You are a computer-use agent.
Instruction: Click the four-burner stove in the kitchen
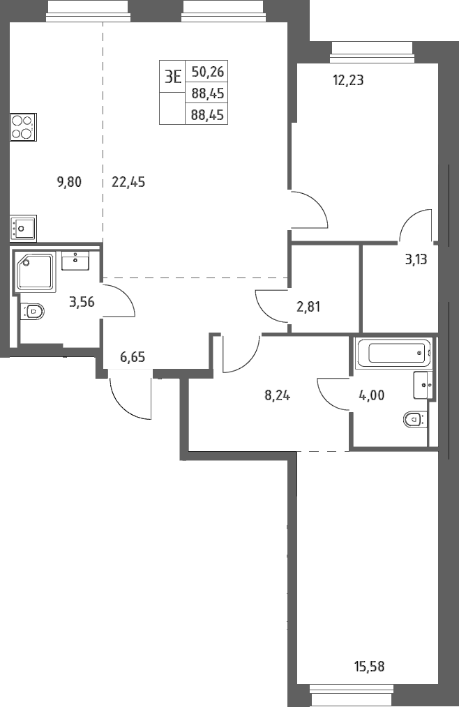23,127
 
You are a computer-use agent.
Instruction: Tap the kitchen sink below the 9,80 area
23,228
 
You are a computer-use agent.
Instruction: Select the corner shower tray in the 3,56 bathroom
36,271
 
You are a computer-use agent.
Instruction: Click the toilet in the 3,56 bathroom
33,311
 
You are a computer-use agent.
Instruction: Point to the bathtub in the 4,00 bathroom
393,353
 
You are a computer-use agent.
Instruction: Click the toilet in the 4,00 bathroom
415,420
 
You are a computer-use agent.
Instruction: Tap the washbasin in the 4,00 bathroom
423,385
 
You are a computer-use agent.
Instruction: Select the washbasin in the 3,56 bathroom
75,261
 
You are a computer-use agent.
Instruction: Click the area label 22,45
128,182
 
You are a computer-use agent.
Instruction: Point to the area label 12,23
348,80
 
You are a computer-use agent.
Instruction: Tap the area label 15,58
369,666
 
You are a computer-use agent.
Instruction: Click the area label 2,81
309,307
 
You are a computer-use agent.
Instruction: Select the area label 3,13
416,259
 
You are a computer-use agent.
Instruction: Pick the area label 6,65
133,357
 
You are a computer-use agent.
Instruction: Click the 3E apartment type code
172,77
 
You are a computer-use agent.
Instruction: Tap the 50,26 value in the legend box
208,72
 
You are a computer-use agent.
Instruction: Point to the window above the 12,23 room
372,52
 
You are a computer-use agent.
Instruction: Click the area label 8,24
277,395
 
